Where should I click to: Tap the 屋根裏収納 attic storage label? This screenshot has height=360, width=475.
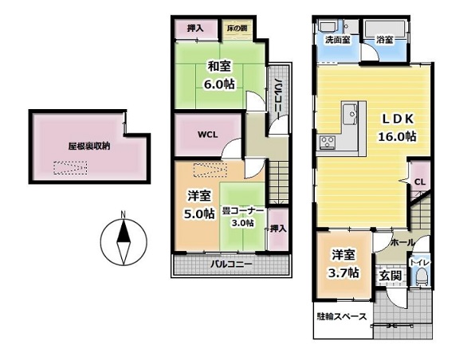point(89,147)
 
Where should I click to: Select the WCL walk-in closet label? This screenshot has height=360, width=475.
point(208,135)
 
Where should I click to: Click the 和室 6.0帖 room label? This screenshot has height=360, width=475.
point(219,75)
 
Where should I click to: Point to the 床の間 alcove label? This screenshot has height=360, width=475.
point(237,29)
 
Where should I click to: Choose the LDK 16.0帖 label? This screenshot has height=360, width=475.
point(397,127)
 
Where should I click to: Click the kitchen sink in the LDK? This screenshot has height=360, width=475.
point(350,114)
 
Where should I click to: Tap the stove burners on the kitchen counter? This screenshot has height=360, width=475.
point(328,142)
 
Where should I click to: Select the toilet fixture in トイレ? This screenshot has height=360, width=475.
point(422,278)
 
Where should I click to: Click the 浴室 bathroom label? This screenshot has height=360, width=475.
point(385,40)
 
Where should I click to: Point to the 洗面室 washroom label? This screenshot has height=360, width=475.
point(338,40)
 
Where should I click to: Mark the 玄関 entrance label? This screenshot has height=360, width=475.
point(391,276)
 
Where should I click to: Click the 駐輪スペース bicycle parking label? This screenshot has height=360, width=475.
point(342,317)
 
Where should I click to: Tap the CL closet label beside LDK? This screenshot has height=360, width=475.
point(420,182)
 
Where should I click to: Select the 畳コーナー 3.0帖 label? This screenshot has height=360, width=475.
point(243,217)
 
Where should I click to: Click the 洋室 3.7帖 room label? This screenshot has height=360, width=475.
point(343,264)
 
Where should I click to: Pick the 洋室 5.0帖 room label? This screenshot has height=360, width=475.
point(199,205)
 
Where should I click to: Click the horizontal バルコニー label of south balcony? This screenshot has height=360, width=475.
point(231,264)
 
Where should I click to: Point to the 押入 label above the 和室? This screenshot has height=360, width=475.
point(195,29)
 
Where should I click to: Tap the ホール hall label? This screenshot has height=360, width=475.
point(402,243)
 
